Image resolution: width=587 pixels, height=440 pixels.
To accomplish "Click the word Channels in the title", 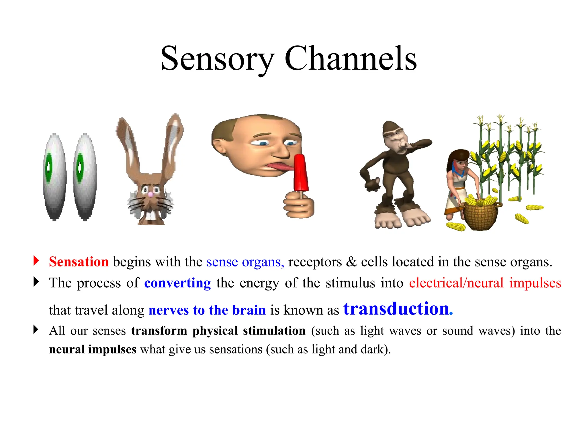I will (x=350, y=59).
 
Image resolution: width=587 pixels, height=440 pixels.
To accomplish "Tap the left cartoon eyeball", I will (x=54, y=176).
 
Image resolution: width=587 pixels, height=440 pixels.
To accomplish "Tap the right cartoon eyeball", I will (x=85, y=176).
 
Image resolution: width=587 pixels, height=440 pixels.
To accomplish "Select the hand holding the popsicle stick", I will (x=299, y=205).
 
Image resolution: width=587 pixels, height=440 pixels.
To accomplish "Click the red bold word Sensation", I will (x=79, y=262).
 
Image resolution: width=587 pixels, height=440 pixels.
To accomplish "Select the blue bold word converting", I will (x=177, y=283).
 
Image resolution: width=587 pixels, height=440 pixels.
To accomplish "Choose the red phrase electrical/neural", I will (x=456, y=283).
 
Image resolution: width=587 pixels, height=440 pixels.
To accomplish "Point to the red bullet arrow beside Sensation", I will (x=36, y=260).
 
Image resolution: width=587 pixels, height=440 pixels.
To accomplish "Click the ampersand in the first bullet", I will (x=351, y=262).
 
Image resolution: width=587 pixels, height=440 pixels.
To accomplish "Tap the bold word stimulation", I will (x=274, y=331).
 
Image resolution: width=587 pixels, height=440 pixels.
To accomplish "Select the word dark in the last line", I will (x=372, y=349).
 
